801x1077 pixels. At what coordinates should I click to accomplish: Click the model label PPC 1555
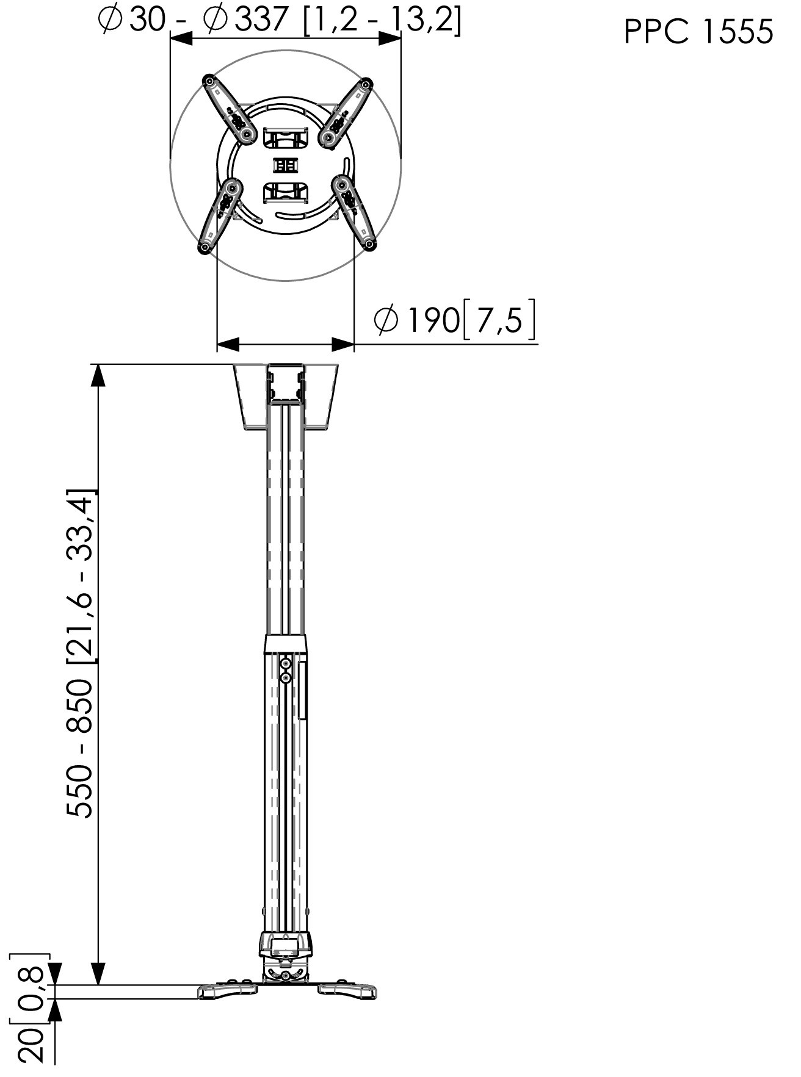[x=698, y=31]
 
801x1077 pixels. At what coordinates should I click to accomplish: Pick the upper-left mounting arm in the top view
[x=229, y=109]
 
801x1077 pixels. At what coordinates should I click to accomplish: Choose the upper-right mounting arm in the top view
[x=346, y=112]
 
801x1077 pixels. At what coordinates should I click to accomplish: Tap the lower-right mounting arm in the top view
[x=355, y=212]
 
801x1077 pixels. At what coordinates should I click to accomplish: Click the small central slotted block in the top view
[x=286, y=166]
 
